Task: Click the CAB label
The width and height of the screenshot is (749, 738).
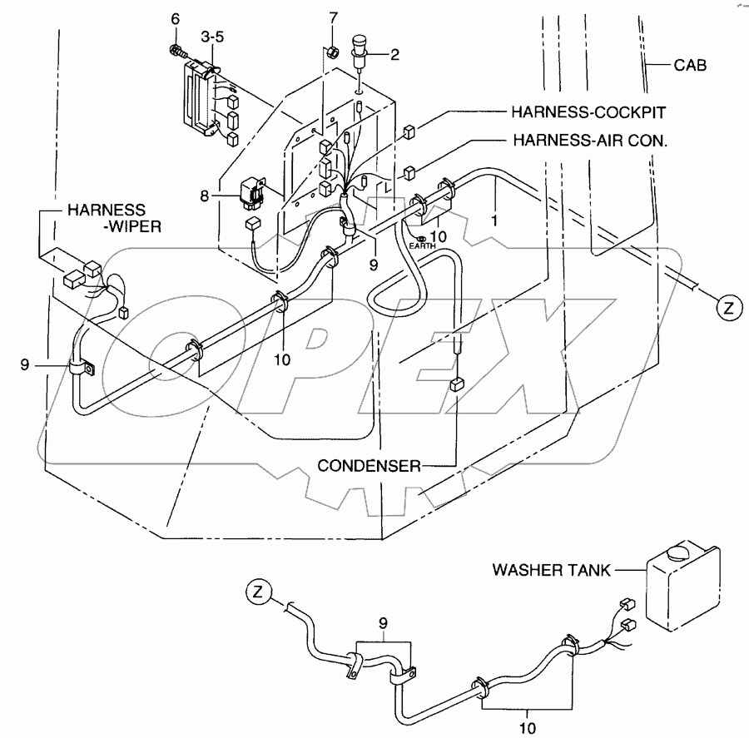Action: click(691, 66)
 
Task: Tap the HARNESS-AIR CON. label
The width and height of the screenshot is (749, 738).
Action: click(590, 142)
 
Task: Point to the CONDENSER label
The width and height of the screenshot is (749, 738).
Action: click(369, 466)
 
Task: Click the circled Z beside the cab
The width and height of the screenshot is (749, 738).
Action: click(728, 307)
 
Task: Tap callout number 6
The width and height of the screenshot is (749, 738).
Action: click(176, 18)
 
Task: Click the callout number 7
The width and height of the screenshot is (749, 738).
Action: click(334, 17)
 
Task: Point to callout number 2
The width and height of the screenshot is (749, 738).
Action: click(394, 55)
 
